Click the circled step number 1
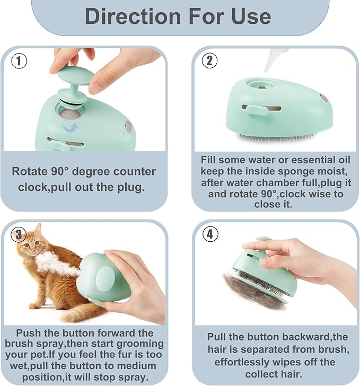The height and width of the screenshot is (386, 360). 19,61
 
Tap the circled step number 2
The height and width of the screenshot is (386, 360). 209,60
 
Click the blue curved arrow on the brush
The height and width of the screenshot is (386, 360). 69,127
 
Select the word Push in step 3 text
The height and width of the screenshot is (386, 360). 27,333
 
